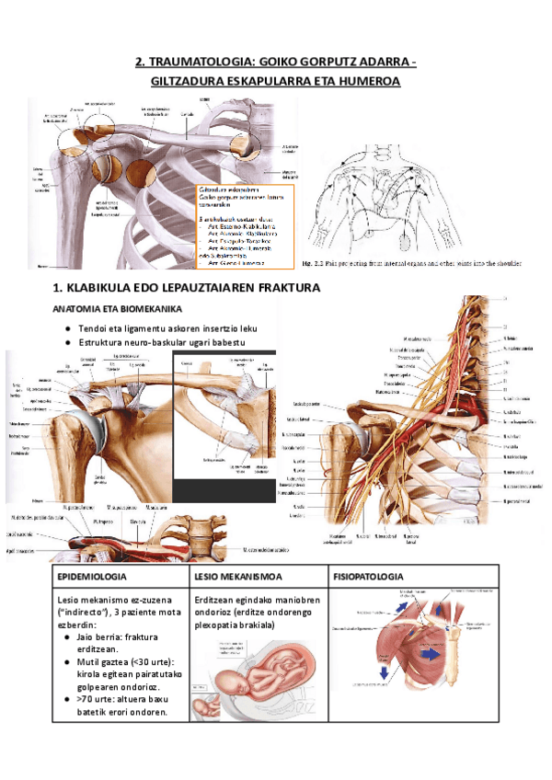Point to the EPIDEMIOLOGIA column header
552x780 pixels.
[92, 577]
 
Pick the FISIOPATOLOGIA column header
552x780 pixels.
[368, 577]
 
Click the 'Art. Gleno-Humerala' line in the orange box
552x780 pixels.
[239, 262]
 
